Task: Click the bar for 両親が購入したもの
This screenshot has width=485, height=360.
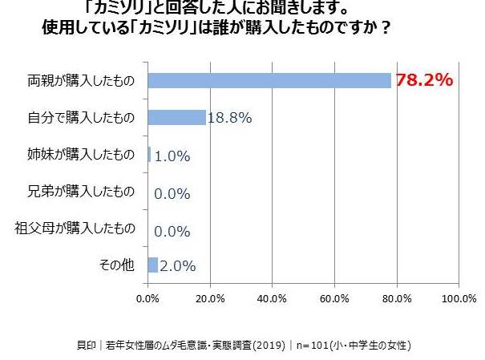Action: tap(269, 81)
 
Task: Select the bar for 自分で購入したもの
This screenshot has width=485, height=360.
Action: tap(177, 118)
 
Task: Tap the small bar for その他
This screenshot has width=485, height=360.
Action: tap(153, 265)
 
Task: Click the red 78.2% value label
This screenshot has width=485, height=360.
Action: tap(424, 80)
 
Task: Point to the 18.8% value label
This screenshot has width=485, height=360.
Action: tap(230, 118)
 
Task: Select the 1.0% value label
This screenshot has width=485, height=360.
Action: tap(172, 156)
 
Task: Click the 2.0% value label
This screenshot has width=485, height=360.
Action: tap(178, 265)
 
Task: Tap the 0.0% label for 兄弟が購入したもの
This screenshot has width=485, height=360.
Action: tap(171, 192)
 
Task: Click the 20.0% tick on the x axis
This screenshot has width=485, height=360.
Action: tap(210, 299)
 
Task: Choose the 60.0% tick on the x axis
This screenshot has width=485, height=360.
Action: tap(334, 299)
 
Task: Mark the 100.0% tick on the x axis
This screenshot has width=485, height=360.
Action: tap(458, 299)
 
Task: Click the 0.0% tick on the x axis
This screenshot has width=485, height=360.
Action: tap(148, 299)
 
